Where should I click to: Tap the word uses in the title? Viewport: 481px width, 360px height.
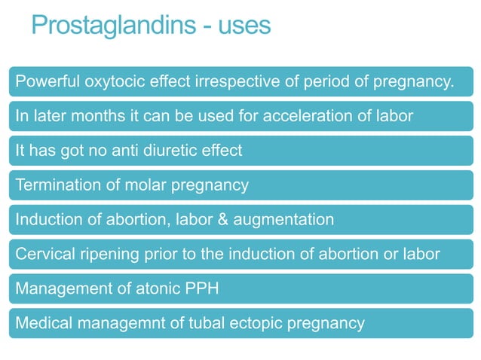click(244, 26)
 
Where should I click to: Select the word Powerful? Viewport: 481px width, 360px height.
click(45, 81)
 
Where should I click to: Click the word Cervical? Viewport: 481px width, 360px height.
click(44, 254)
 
